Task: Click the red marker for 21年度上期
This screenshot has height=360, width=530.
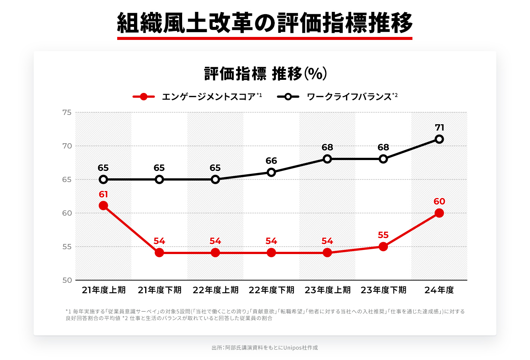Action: pos(103,206)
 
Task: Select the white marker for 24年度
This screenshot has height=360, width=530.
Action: pos(439,139)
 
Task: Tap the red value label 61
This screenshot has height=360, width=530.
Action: pos(103,194)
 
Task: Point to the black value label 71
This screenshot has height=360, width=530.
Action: pos(439,128)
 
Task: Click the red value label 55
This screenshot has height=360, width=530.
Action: pos(383,235)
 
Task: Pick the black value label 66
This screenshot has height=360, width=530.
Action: pos(271,161)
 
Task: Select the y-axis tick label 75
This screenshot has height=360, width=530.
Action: pos(67,112)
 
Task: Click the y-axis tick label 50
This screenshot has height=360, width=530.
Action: pos(67,280)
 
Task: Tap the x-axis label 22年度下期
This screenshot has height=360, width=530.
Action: pos(271,290)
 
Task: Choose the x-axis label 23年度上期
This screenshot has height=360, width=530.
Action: pos(327,290)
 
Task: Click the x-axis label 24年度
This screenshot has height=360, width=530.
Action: pos(439,290)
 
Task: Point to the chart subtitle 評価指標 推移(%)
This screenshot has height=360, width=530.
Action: pos(265,74)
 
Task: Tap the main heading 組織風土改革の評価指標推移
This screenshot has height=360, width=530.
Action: pos(265,23)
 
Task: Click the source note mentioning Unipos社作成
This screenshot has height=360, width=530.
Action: pos(265,348)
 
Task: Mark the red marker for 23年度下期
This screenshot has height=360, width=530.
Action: pos(383,247)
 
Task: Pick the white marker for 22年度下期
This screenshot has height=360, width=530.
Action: pos(271,172)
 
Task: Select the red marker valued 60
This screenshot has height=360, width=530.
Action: pos(439,213)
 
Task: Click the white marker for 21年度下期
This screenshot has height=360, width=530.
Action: pos(159,179)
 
